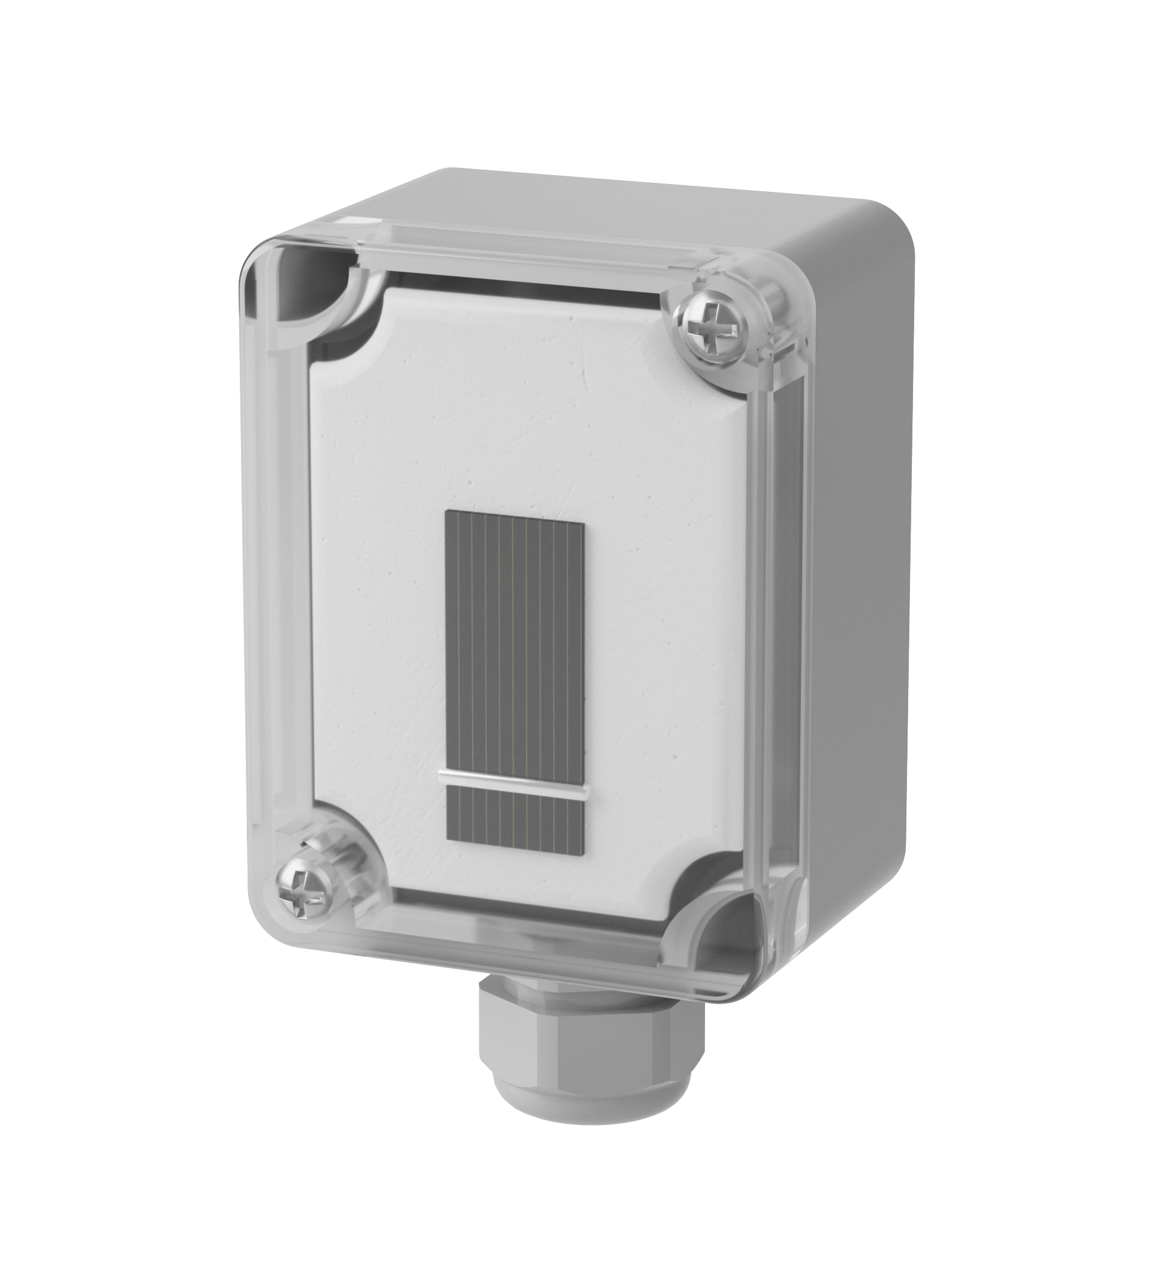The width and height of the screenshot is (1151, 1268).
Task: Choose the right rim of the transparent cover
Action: (777, 629)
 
